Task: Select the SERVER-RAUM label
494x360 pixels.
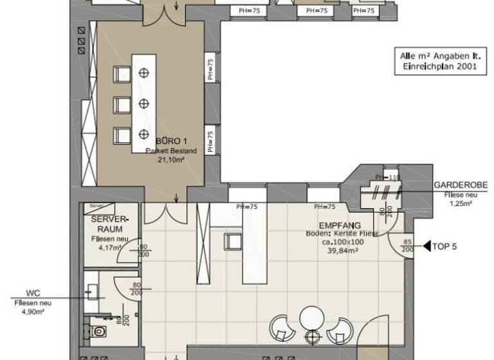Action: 111,224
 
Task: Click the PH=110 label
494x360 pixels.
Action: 388,177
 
